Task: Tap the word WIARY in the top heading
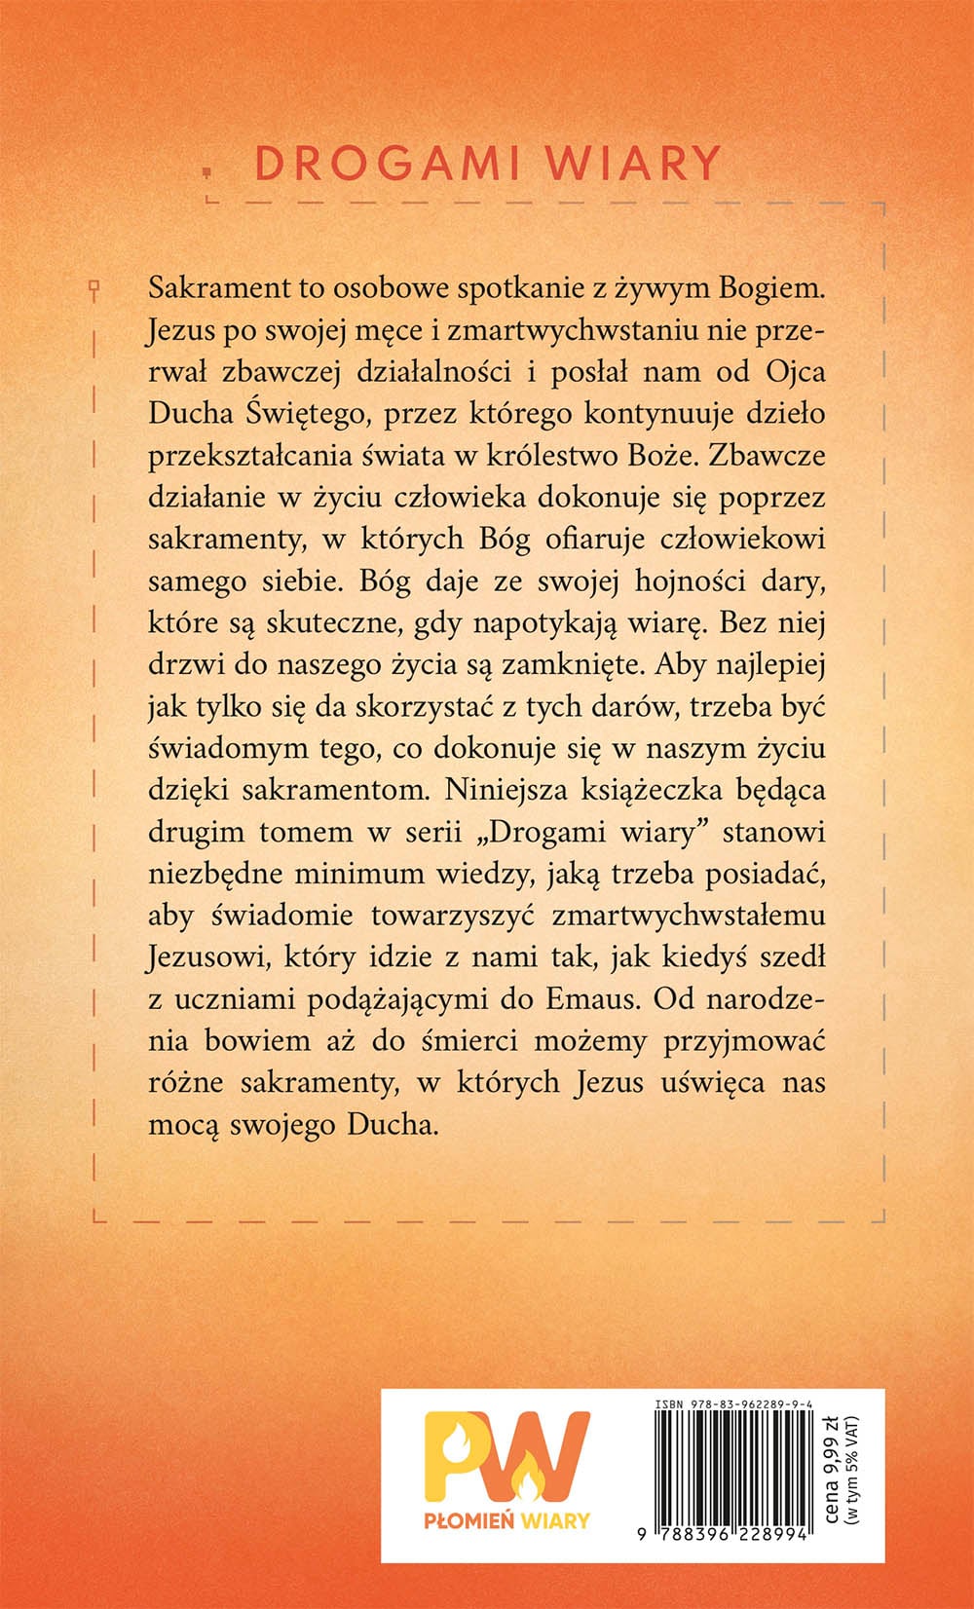(633, 164)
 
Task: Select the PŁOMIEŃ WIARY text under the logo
(506, 1520)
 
